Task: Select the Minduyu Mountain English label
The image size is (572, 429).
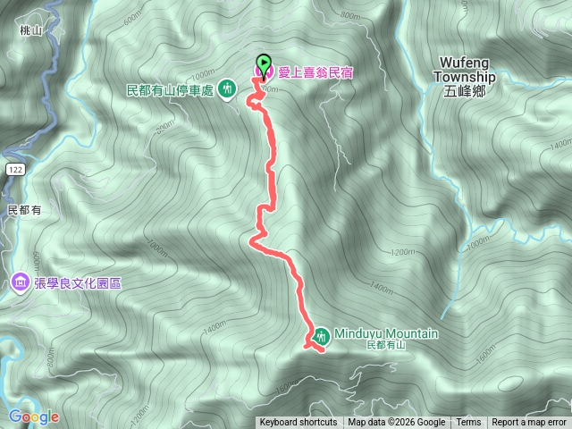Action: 386,333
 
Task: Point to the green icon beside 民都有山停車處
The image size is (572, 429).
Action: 228,88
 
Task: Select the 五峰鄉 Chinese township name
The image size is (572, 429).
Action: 461,90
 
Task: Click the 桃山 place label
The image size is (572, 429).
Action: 30,30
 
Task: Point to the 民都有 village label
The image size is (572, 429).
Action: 24,209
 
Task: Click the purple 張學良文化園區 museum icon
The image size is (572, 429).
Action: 20,282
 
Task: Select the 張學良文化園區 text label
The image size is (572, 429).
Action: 78,282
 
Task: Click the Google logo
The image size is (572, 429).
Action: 34,416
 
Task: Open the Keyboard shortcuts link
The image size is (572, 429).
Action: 298,423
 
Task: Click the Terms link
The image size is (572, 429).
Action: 468,423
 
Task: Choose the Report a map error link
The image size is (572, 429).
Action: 529,423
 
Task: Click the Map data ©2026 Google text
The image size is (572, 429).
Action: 397,423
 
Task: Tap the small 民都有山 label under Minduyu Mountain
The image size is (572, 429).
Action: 386,345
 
